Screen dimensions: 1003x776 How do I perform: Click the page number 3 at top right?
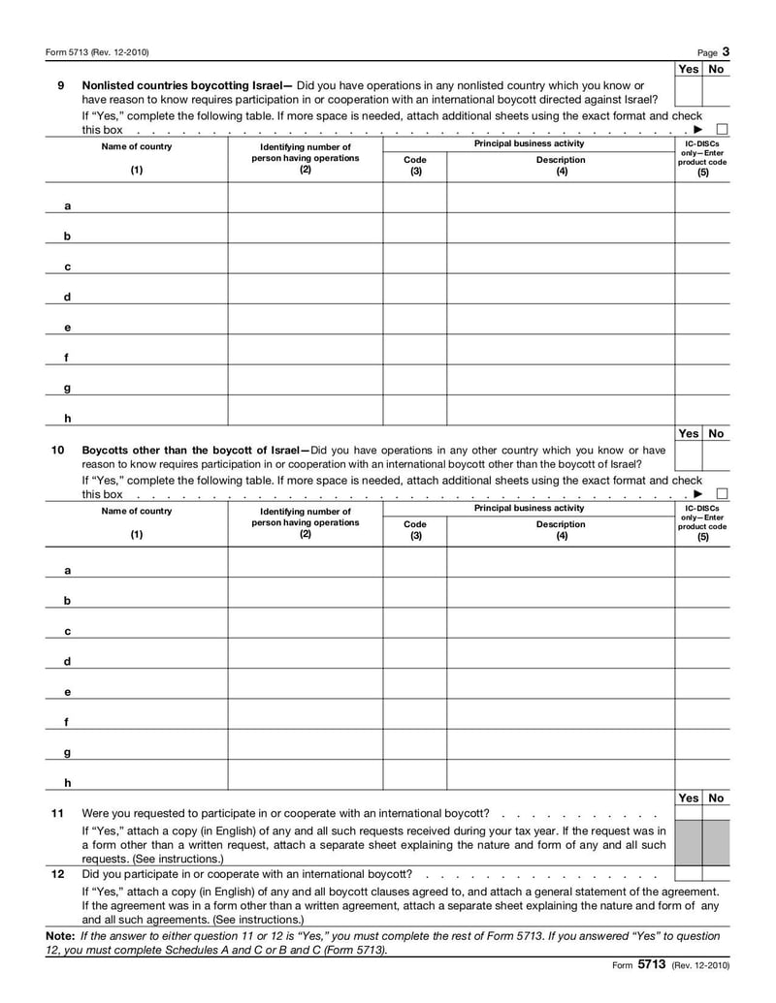tap(726, 51)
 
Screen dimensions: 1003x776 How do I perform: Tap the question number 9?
tap(60, 85)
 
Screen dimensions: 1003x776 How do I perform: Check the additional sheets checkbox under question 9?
tap(722, 130)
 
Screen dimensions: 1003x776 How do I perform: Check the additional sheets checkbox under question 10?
tap(722, 494)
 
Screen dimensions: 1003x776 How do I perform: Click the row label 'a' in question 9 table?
tap(67, 206)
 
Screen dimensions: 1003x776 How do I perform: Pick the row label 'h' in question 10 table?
tap(67, 782)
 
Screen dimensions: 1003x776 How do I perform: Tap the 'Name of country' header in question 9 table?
tap(137, 146)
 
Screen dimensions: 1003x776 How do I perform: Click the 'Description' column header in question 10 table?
tap(561, 524)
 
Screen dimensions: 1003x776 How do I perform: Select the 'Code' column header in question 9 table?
tap(414, 160)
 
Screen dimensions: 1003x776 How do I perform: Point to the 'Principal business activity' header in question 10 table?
tap(529, 508)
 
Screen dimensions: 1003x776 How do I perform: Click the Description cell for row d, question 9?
tap(561, 289)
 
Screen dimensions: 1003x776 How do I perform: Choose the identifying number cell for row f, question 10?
tap(305, 713)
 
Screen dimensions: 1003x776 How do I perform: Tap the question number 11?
tap(58, 813)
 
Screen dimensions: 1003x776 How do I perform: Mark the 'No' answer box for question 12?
tap(716, 874)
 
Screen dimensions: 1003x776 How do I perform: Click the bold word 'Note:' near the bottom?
tap(60, 937)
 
